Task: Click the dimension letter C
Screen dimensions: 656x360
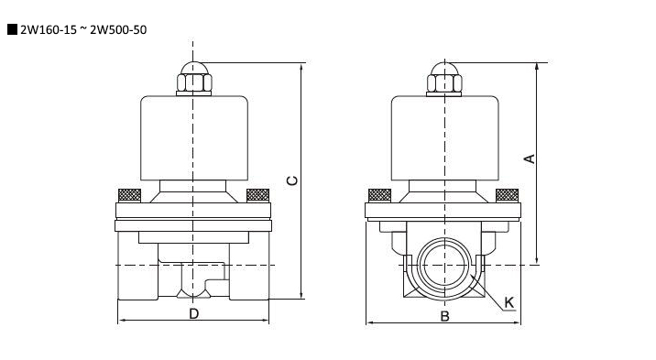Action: pyautogui.click(x=292, y=180)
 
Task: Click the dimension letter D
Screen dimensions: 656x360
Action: pyautogui.click(x=193, y=313)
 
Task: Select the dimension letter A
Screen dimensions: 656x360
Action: pyautogui.click(x=530, y=158)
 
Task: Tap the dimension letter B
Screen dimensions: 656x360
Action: pyautogui.click(x=444, y=317)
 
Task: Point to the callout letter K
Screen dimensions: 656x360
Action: pyautogui.click(x=508, y=302)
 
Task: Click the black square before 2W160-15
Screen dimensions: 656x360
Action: pyautogui.click(x=13, y=29)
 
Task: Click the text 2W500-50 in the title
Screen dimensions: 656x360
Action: pyautogui.click(x=118, y=29)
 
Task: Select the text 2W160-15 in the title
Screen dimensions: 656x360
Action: pyautogui.click(x=49, y=29)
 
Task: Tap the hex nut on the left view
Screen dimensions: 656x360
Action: pyautogui.click(x=194, y=82)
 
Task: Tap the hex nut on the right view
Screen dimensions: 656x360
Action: pyautogui.click(x=444, y=82)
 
